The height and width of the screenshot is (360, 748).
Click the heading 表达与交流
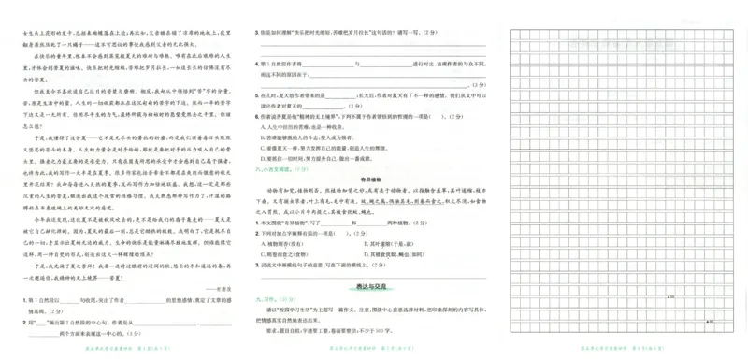pyautogui.click(x=371, y=280)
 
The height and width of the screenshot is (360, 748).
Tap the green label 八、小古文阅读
pyautogui.click(x=276, y=168)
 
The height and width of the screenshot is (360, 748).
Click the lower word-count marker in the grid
pyautogui.click(x=710, y=321)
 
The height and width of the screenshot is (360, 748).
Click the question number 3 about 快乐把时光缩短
pyautogui.click(x=257, y=32)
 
